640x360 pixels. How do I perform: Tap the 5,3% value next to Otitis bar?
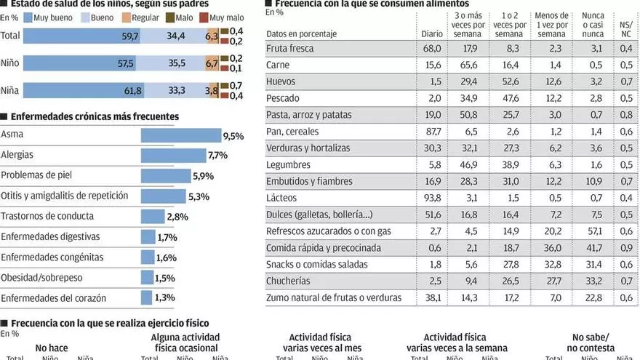[x=198, y=196]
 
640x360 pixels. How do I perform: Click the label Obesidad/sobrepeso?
[x=41, y=278]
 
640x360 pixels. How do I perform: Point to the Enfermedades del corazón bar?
[x=145, y=297]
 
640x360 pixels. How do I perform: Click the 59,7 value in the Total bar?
[x=129, y=35]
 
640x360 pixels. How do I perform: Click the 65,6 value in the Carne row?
[x=470, y=65]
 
